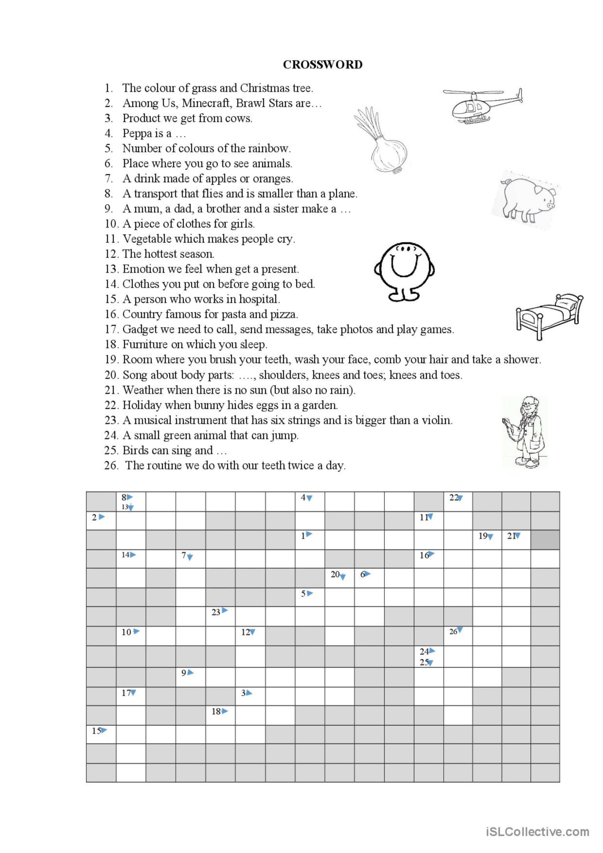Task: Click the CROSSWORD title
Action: [322, 65]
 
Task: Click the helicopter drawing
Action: [483, 105]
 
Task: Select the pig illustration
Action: [527, 199]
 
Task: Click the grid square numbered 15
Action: [101, 734]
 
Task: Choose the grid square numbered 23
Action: [220, 616]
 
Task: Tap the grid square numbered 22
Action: [458, 501]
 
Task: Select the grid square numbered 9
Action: [191, 677]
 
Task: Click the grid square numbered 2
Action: [101, 520]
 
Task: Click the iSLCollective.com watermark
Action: [538, 831]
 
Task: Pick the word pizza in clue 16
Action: [283, 314]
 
